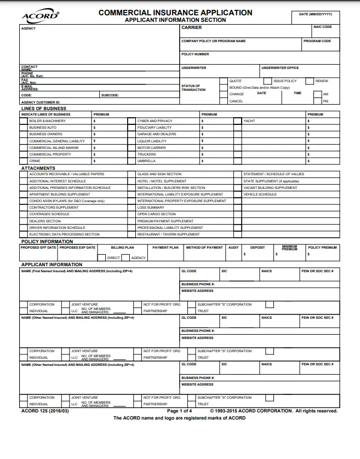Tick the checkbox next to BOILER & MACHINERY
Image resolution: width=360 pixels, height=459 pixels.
[24, 121]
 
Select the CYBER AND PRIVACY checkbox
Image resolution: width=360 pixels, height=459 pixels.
[132, 121]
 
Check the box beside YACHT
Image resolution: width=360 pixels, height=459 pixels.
[238, 121]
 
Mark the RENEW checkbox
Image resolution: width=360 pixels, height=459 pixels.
[310, 81]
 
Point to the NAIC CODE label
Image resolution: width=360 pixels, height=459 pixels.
[322, 27]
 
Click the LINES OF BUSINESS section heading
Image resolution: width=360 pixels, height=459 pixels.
[43, 108]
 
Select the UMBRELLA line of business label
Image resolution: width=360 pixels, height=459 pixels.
[146, 161]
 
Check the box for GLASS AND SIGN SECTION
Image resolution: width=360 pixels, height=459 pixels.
[132, 174]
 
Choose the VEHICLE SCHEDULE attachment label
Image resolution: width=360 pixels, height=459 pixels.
[260, 194]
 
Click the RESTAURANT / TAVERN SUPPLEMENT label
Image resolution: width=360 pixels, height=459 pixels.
[161, 234]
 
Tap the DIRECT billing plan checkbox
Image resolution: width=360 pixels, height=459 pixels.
[104, 257]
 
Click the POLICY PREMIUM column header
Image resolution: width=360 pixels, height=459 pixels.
[322, 248]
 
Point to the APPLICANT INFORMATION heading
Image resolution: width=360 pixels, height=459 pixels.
[52, 265]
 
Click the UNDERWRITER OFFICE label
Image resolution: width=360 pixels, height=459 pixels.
[280, 68]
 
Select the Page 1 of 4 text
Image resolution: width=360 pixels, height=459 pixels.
[179, 410]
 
